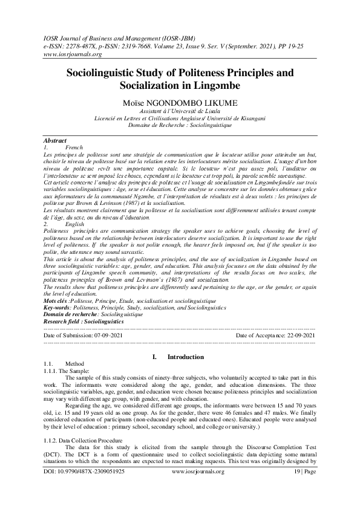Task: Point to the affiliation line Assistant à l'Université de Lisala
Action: click(180, 111)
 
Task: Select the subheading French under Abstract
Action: click(73, 147)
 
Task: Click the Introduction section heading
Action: click(185, 357)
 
